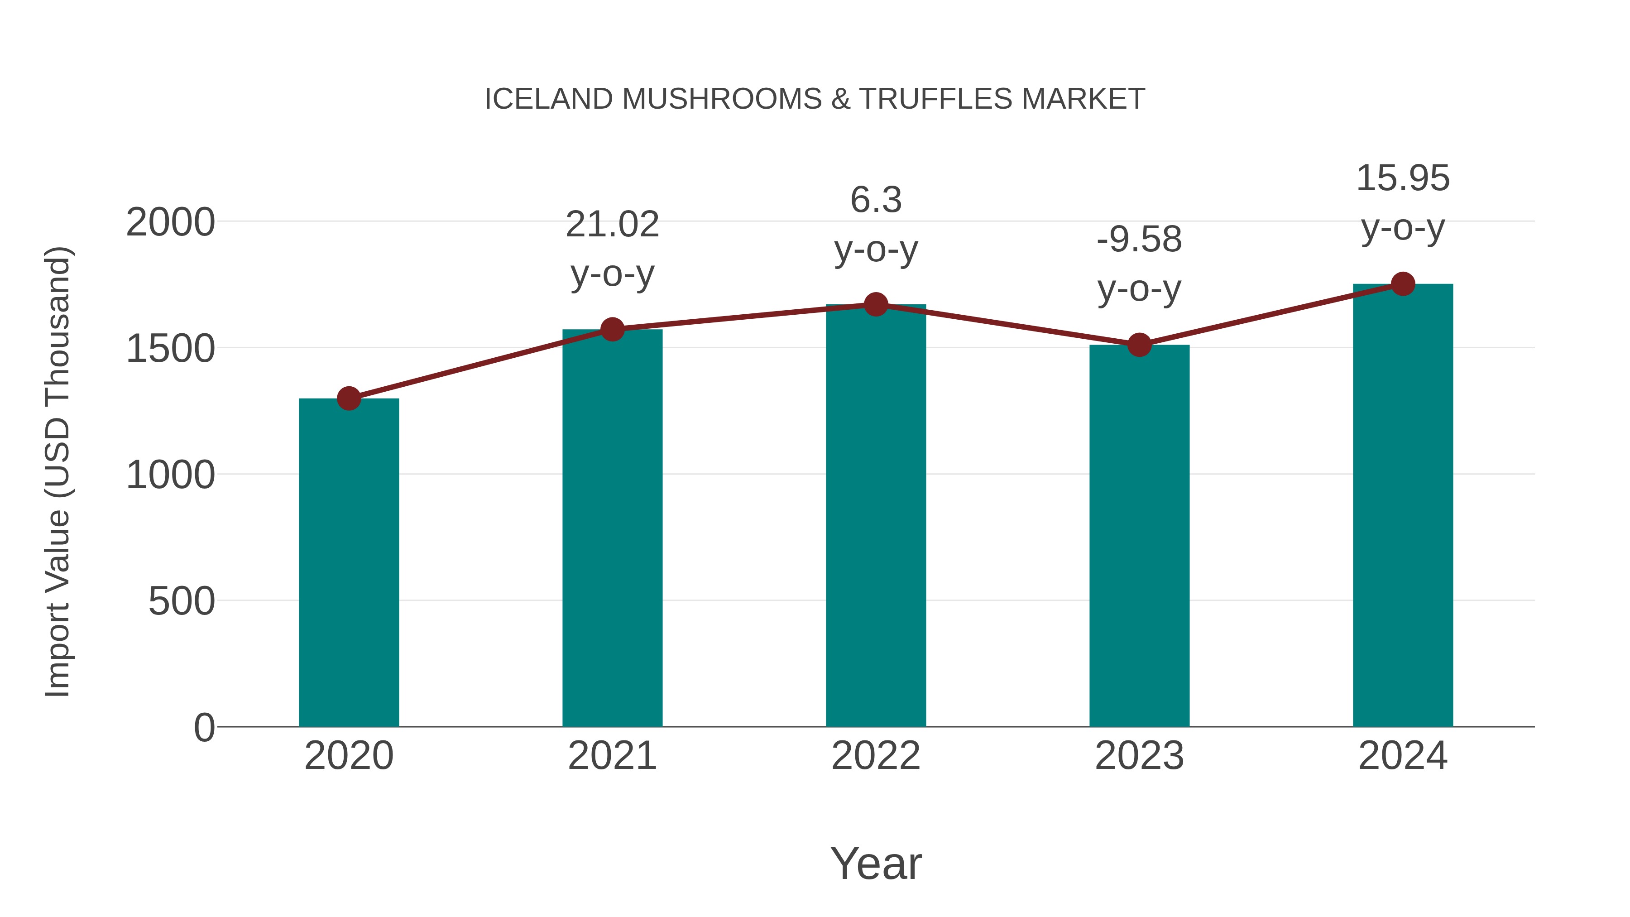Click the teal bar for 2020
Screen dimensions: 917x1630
[349, 563]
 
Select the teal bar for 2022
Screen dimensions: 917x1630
[876, 516]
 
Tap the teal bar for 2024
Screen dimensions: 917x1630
[1403, 506]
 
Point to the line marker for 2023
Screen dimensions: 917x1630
[1139, 345]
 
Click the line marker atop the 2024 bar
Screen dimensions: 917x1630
[1403, 284]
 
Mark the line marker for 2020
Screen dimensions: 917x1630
[349, 398]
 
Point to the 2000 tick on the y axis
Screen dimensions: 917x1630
[170, 223]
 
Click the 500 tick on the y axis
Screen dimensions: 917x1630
[181, 601]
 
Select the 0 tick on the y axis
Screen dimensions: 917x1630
[204, 728]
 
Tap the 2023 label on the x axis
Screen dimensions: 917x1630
[1139, 756]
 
